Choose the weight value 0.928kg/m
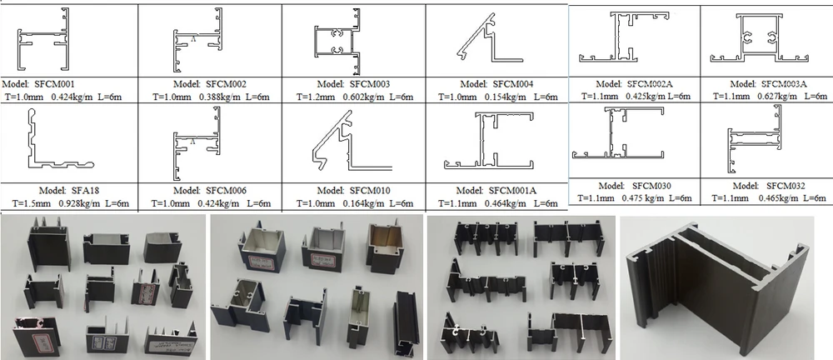click(74, 203)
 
